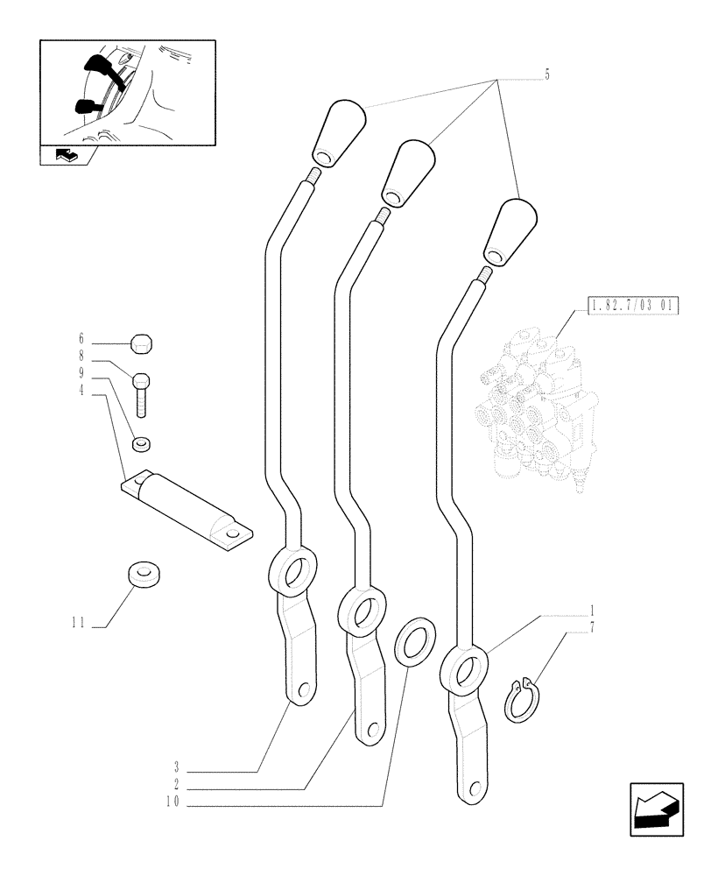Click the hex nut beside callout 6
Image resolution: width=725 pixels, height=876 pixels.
tap(142, 343)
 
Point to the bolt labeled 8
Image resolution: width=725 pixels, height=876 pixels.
tap(143, 394)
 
